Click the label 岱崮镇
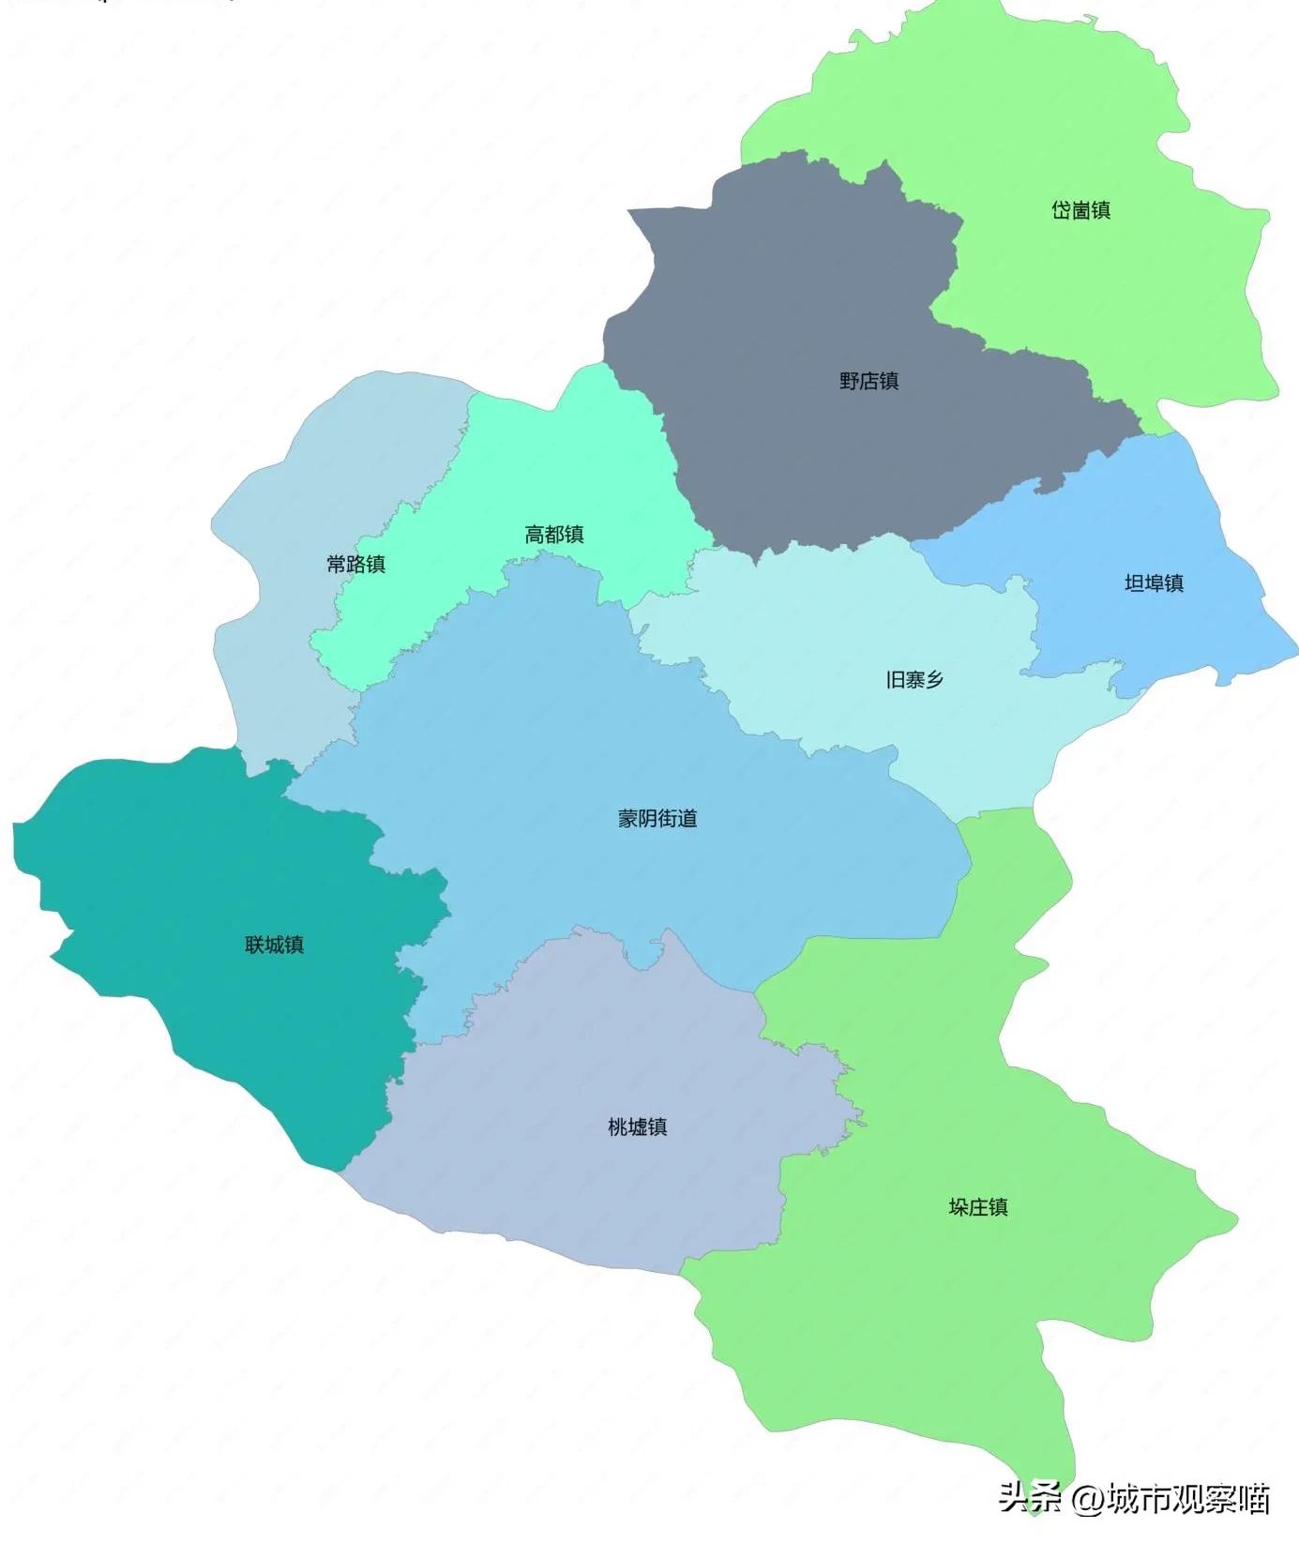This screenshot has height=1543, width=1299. coord(1080,210)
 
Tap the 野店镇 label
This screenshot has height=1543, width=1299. coord(869,381)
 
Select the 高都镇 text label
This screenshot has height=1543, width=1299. coord(553,535)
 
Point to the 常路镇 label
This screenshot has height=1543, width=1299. coord(355,564)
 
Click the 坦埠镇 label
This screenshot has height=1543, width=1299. coord(1154,583)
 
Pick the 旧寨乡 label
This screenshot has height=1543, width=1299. coord(914,679)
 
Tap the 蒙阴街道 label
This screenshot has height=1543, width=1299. coord(657,819)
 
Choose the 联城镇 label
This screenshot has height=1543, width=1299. coord(274,945)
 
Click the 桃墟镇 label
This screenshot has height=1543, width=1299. coord(637,1127)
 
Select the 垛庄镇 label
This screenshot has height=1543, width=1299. coord(977,1207)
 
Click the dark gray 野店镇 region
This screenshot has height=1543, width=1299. coord(797,300)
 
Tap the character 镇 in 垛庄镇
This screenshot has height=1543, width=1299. coord(998,1207)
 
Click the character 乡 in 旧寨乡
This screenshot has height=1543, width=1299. coord(934,679)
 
